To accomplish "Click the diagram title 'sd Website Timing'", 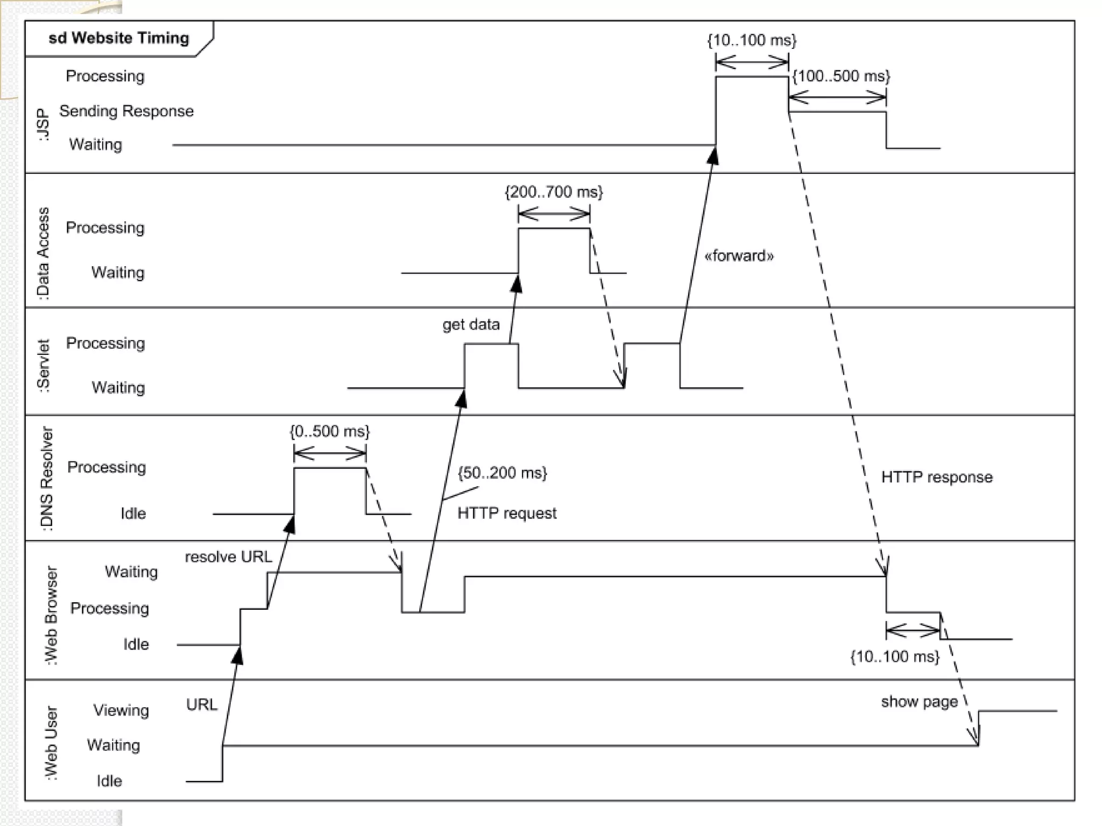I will coord(119,38).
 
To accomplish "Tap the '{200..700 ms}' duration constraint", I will coord(554,192).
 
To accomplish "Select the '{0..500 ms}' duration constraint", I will coord(329,431).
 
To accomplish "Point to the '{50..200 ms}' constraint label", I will coord(502,473).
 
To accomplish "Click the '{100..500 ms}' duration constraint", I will coord(841,76).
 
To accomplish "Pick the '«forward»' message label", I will coord(739,255).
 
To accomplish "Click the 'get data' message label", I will coord(471,324).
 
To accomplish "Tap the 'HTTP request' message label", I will coord(507,513).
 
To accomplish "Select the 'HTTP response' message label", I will coord(937,477).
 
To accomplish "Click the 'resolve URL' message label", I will coord(229,557).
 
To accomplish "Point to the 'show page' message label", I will coord(919,702).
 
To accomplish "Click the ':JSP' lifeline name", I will coord(44,125).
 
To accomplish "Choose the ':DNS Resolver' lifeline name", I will coord(47,479).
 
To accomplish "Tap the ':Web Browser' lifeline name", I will coord(51,615).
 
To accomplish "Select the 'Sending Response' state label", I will coord(126,111).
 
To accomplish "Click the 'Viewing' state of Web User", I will coord(121,710).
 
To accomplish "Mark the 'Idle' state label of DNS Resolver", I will coord(133,513).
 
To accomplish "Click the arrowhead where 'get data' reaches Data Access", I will coord(517,283).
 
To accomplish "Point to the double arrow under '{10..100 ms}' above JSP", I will coord(752,63).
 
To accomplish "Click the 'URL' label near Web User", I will coord(202,704).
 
